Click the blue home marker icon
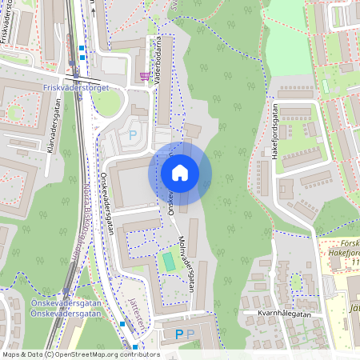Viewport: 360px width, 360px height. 180,172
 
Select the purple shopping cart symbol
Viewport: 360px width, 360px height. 145,77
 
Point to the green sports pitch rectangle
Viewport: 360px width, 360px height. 168,261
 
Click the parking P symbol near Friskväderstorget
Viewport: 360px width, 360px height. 133,135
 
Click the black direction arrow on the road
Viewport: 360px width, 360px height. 92,8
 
